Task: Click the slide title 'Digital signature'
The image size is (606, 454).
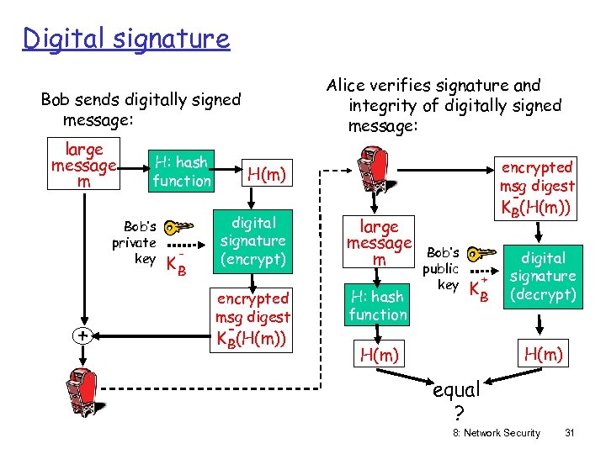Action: click(x=126, y=39)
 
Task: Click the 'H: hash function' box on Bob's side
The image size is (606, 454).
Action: click(x=182, y=171)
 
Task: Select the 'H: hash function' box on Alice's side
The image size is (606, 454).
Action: click(x=378, y=305)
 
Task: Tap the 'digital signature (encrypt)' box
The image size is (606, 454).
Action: click(x=253, y=241)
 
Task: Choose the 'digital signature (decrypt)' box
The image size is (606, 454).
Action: click(x=543, y=276)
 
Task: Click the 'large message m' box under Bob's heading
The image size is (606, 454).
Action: click(x=83, y=166)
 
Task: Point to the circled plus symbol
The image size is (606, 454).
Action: click(x=82, y=335)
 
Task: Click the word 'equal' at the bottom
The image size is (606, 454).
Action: click(x=455, y=390)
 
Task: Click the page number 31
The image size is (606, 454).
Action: click(x=570, y=433)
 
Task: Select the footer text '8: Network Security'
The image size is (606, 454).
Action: click(x=497, y=433)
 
